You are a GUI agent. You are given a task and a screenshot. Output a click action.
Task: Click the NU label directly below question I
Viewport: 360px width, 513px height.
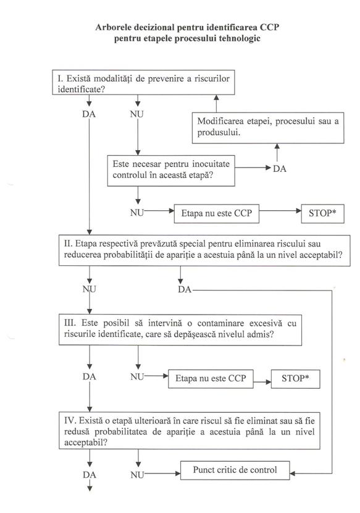137,114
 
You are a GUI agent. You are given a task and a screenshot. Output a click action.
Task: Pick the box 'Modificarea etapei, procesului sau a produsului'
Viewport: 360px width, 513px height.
270,127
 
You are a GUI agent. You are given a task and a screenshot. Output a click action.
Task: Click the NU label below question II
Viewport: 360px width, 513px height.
90,289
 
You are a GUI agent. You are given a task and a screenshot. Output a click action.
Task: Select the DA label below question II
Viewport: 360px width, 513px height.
185,289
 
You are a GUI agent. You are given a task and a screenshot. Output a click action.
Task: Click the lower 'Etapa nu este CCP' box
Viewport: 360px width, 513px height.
211,379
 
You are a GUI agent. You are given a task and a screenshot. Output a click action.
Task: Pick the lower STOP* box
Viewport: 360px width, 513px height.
296,379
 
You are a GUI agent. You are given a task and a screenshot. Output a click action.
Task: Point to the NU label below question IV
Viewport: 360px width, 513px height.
138,475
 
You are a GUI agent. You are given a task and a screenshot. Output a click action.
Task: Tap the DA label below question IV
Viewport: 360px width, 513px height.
90,475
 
